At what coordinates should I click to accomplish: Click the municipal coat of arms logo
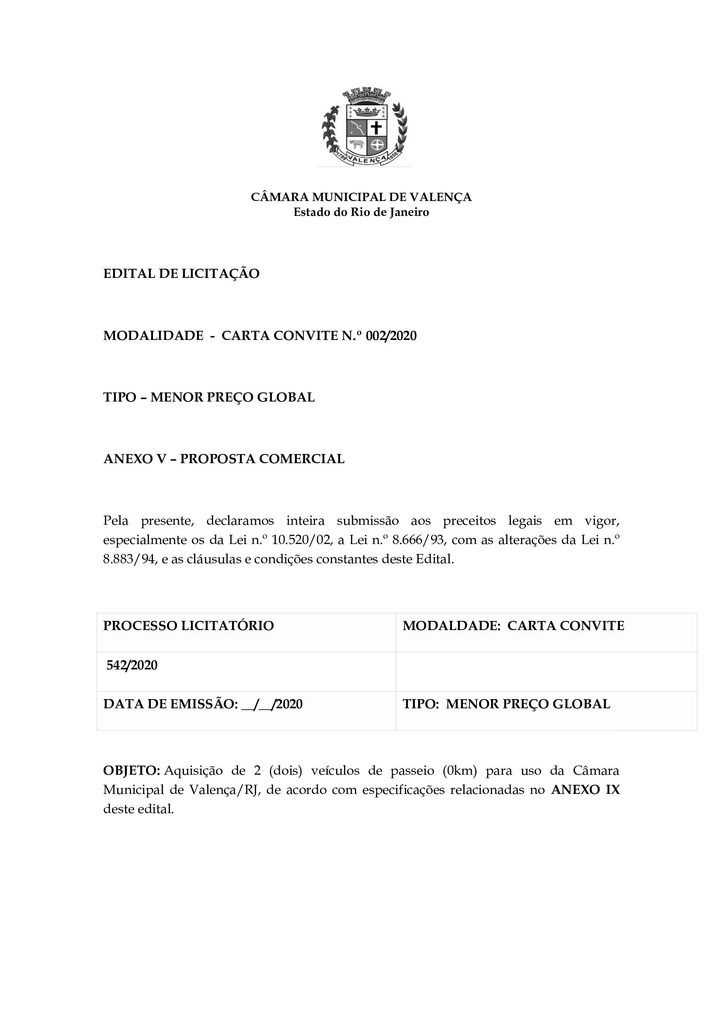(x=365, y=127)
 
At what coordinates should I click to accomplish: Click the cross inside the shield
(x=376, y=128)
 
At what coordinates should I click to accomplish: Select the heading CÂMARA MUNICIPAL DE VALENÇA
(x=361, y=197)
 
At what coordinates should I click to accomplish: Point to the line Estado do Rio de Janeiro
(x=361, y=212)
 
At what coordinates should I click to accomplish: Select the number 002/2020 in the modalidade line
(x=391, y=336)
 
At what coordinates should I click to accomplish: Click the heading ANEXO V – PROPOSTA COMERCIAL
(x=224, y=458)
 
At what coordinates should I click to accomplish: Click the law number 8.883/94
(x=129, y=559)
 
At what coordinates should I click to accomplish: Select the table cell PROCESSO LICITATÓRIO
(x=189, y=625)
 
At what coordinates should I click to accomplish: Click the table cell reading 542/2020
(x=132, y=665)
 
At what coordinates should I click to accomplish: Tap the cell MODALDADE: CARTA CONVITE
(x=513, y=625)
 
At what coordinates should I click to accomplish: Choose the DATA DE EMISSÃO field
(x=203, y=704)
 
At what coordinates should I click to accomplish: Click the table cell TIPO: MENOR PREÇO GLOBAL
(x=506, y=704)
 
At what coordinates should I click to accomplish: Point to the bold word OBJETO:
(x=131, y=770)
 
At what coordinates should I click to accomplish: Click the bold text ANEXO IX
(x=585, y=790)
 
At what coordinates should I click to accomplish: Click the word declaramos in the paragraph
(x=240, y=520)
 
